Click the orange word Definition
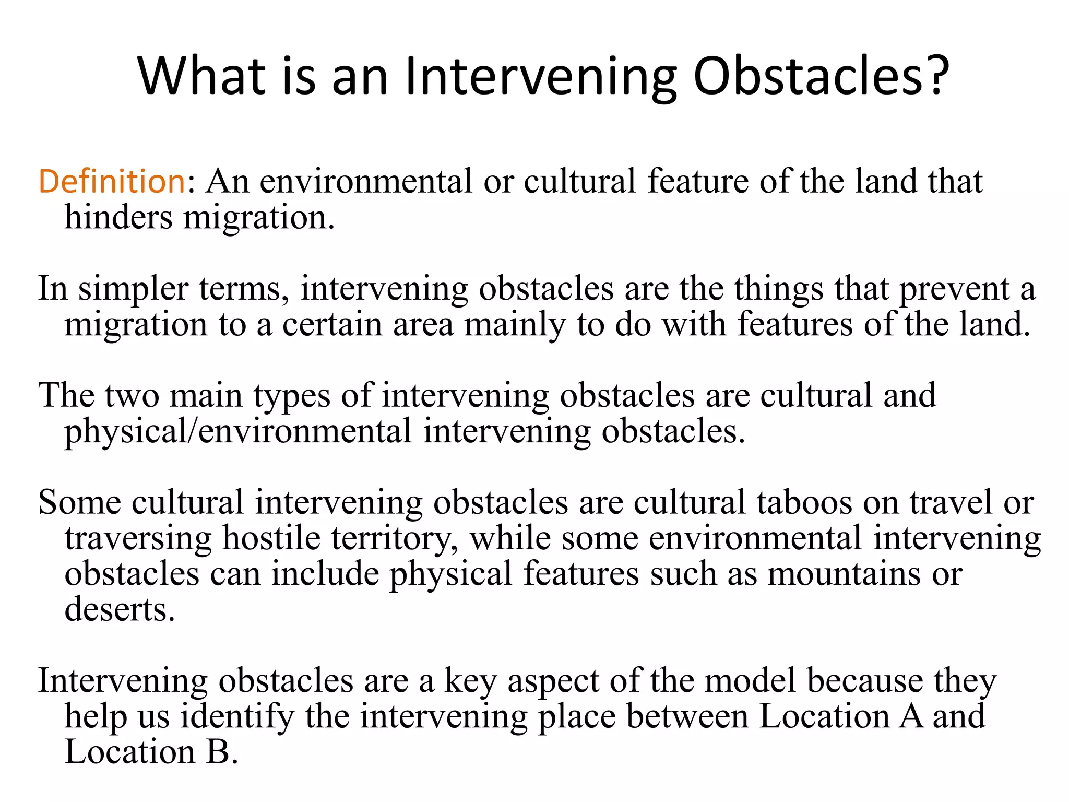[x=112, y=181]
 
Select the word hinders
[x=118, y=217]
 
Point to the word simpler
[x=133, y=289]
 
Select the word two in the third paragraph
[x=132, y=395]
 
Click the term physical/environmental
[x=238, y=432]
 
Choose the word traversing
[x=138, y=538]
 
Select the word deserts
[x=119, y=609]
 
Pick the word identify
[x=237, y=716]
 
